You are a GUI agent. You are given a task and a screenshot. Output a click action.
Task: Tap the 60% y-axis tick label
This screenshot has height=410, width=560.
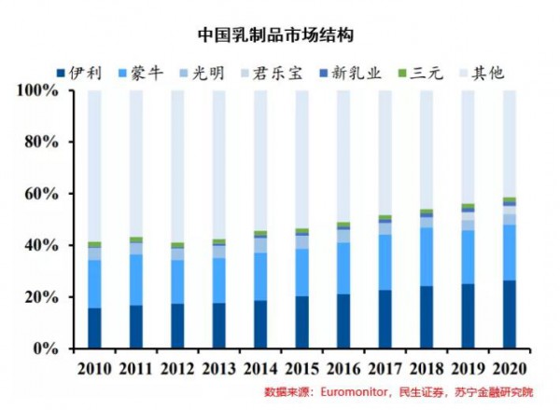[x=39, y=194]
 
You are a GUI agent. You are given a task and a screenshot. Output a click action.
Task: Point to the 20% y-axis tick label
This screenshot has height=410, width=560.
[x=39, y=297]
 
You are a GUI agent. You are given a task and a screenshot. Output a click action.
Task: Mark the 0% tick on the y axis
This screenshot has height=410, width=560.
[x=44, y=348]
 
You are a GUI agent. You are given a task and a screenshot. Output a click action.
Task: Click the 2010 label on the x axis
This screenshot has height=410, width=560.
[x=94, y=368]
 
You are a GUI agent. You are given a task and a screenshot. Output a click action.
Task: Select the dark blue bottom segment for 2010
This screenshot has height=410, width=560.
[x=94, y=328]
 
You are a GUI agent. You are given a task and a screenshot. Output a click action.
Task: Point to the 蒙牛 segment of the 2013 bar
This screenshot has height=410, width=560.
[x=219, y=280]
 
